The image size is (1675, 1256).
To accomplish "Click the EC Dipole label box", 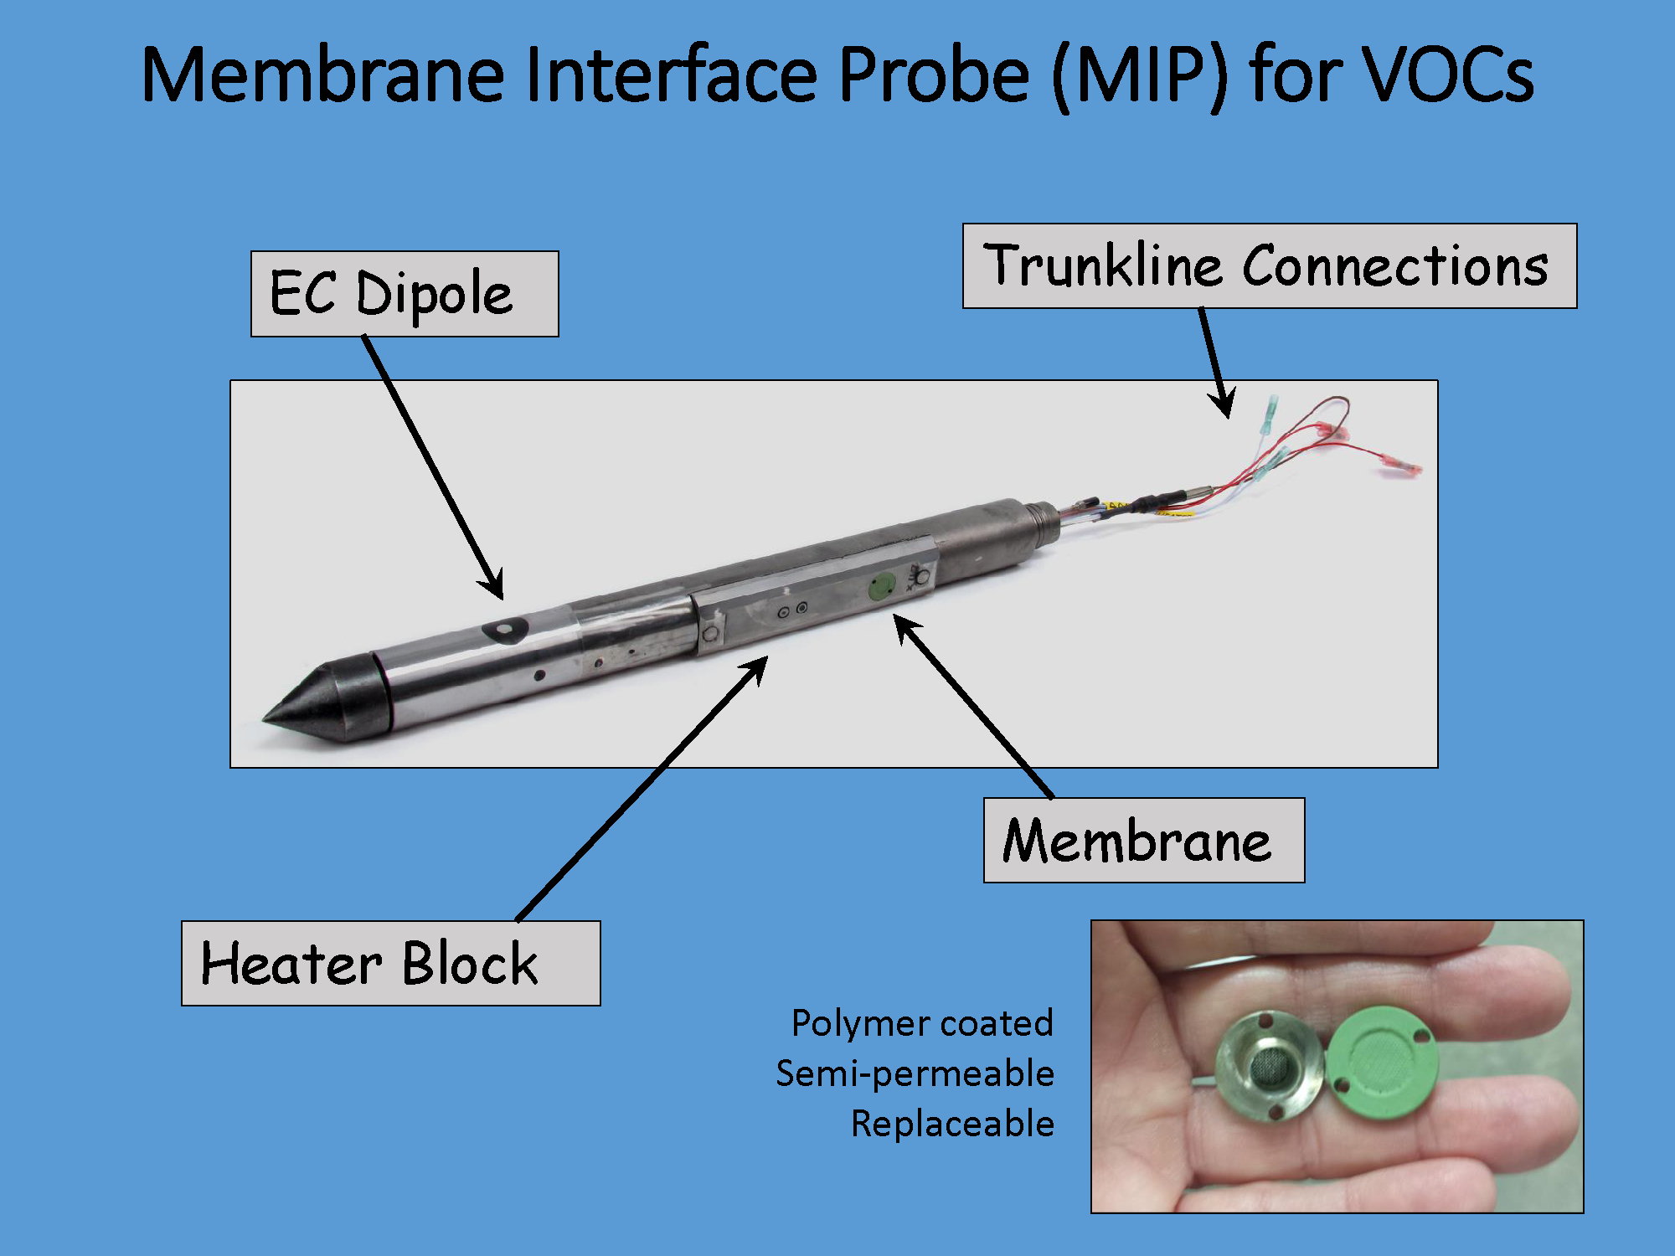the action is (x=405, y=294).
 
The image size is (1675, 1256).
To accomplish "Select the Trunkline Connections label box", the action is (x=1270, y=265).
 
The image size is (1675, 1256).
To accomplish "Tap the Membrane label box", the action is (x=1144, y=840).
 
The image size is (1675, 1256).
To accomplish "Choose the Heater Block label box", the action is (x=391, y=963).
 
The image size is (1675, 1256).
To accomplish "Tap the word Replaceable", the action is (x=952, y=1124).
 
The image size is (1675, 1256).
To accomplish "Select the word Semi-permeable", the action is (x=915, y=1074).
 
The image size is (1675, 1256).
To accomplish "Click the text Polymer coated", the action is (x=922, y=1024).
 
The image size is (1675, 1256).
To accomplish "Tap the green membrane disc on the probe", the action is (x=882, y=586).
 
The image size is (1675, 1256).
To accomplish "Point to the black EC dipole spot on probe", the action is (x=505, y=630).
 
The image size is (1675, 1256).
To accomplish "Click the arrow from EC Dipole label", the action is (x=433, y=467).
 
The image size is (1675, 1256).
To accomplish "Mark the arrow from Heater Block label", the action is (x=642, y=788).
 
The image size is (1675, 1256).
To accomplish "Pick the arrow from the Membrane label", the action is (x=974, y=706).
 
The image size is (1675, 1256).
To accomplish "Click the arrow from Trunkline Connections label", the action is (x=1217, y=363).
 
